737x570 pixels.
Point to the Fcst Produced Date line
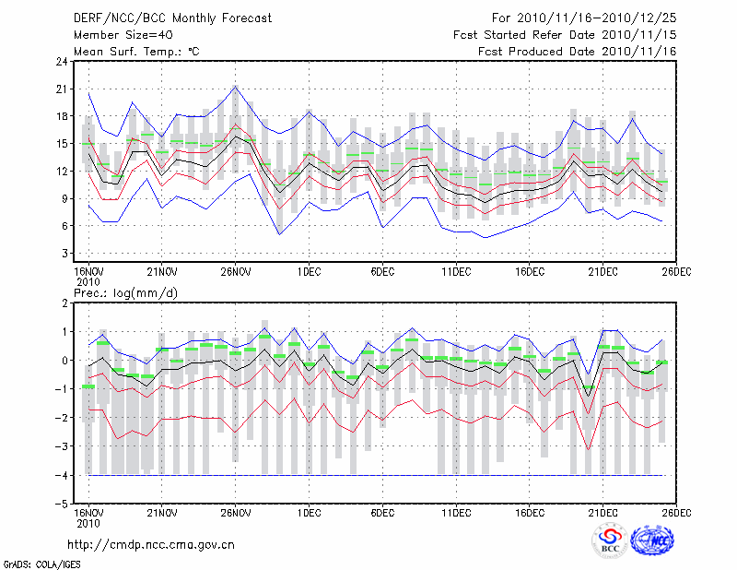[578, 51]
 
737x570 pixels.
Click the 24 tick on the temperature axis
[61, 62]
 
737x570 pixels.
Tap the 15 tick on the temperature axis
[61, 144]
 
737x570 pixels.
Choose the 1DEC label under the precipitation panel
[310, 512]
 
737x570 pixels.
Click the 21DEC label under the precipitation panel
[604, 512]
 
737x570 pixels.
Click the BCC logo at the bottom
[610, 540]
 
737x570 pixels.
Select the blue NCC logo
[653, 540]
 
